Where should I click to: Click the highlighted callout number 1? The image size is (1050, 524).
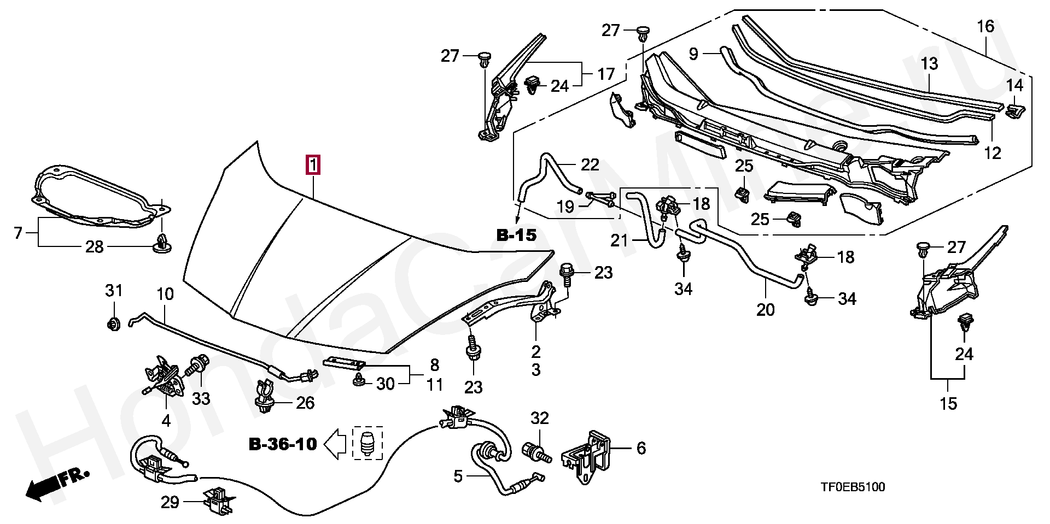pos(313,165)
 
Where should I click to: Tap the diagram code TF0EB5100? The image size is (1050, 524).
pos(853,487)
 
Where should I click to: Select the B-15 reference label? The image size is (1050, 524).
pos(517,235)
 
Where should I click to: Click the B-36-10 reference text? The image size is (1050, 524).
pos(283,444)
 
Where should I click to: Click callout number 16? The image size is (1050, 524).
pos(985,26)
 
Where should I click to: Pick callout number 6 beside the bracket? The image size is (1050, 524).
pos(641,449)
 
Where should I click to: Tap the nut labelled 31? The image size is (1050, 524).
pos(113,323)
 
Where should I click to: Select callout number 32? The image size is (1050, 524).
pos(540,419)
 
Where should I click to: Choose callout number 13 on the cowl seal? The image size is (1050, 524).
pos(929,64)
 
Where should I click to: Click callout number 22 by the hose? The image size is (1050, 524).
pos(590,164)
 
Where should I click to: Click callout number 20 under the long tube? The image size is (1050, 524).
pos(766,310)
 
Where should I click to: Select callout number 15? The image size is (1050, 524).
pos(949,404)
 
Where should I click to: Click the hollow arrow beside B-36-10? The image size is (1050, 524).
pos(336,444)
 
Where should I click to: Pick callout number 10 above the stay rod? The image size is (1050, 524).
pos(165,294)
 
